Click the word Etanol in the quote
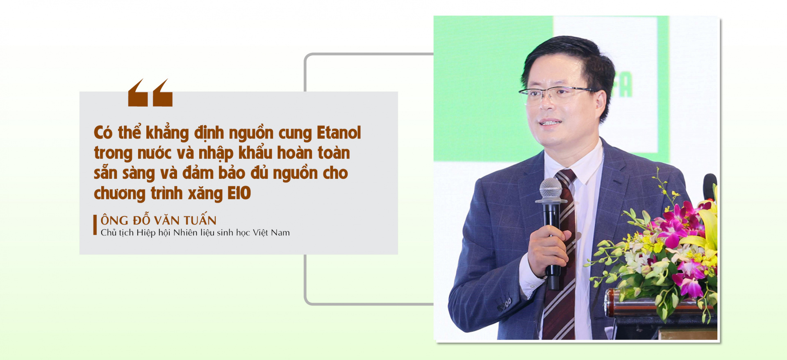point(339,133)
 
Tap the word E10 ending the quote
point(239,194)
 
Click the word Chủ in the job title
point(109,232)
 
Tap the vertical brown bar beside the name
point(95,225)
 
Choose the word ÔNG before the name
point(114,220)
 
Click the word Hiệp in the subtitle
point(146,233)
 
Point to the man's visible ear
point(600,103)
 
